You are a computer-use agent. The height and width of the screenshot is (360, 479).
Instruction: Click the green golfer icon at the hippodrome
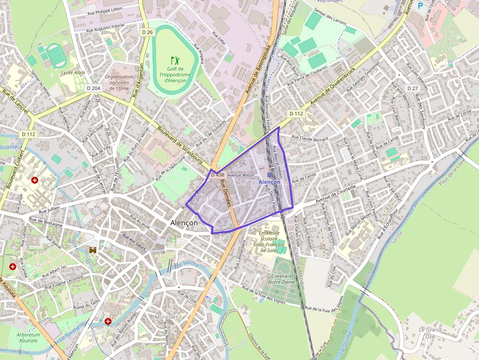click(174, 61)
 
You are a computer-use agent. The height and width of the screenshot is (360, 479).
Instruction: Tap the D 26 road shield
click(147, 32)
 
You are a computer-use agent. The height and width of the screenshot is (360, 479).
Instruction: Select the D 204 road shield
click(93, 88)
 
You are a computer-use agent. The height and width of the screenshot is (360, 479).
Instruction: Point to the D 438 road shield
click(218, 174)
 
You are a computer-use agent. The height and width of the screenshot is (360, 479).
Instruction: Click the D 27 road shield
click(412, 88)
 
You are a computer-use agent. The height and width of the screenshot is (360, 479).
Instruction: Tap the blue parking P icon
click(420, 6)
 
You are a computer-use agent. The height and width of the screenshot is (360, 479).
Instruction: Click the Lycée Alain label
click(73, 73)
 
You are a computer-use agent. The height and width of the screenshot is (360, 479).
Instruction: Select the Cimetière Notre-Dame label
click(282, 279)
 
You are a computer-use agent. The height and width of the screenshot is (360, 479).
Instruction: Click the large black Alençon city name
click(184, 222)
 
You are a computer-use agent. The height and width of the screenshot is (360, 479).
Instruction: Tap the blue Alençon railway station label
click(269, 182)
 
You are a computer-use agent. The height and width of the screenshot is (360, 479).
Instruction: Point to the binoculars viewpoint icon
click(93, 250)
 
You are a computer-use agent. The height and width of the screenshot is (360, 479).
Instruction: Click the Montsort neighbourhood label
click(166, 317)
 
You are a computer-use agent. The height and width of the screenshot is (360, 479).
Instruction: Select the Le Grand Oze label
click(430, 333)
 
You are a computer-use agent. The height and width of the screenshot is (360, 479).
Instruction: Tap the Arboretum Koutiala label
click(28, 338)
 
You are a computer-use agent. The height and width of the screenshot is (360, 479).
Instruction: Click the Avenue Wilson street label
click(241, 175)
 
